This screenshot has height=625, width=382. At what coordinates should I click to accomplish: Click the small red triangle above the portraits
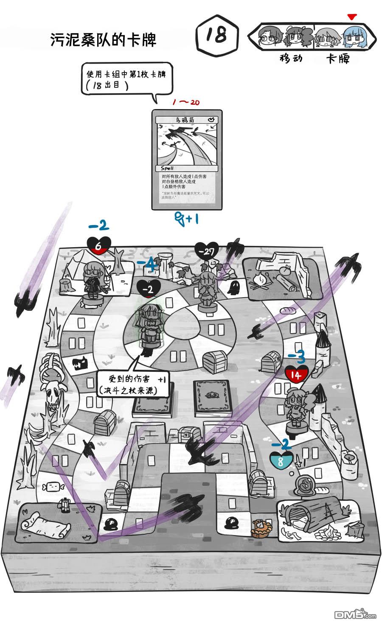(x=351, y=17)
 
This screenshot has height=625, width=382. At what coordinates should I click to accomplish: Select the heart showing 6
(x=98, y=245)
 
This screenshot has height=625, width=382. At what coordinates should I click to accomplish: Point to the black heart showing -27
(x=207, y=251)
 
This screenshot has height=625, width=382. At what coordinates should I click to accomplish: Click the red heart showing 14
(x=296, y=374)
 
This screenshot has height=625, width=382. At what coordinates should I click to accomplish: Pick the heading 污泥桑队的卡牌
(x=104, y=40)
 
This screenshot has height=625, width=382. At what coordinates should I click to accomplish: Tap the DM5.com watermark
(x=355, y=614)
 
